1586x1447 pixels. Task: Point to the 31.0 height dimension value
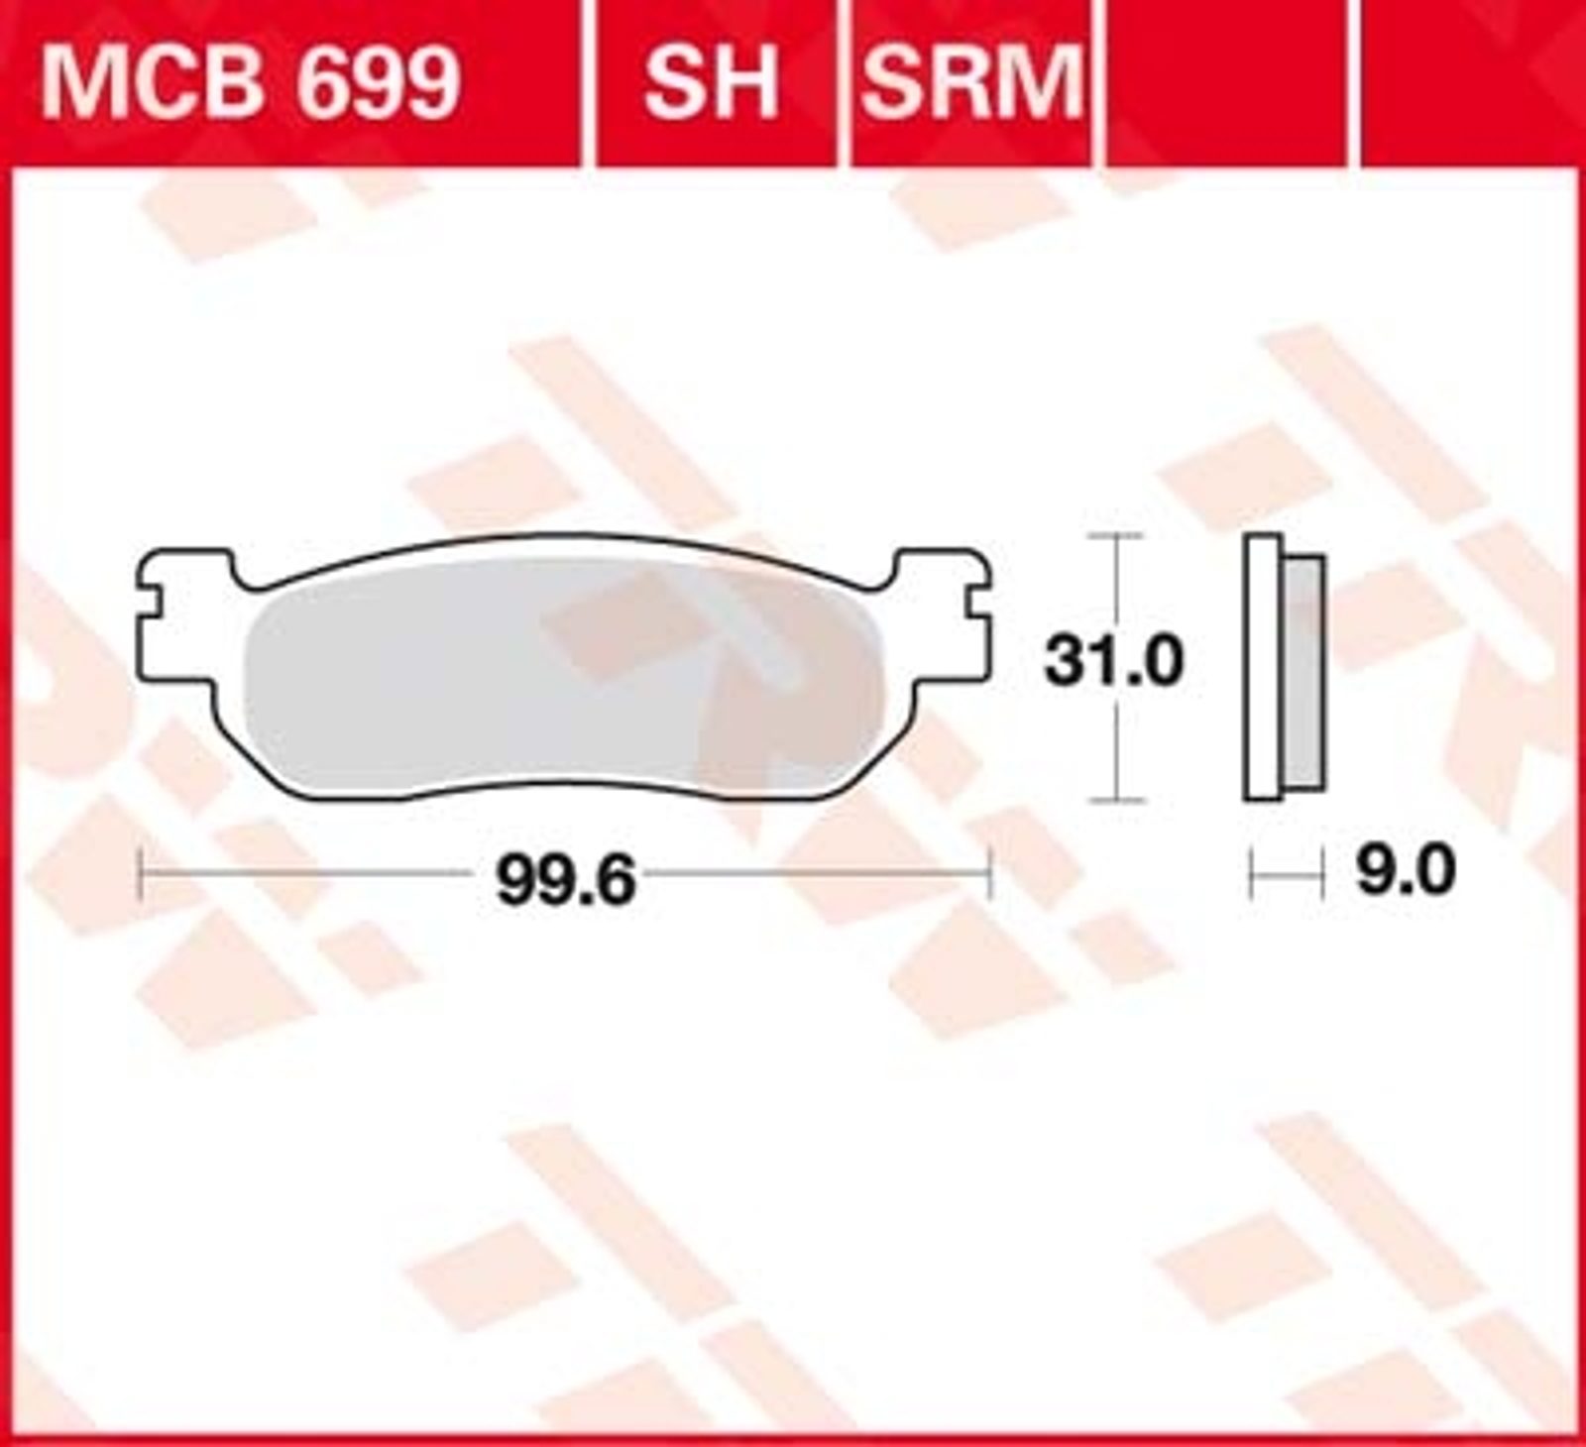tap(1113, 661)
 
